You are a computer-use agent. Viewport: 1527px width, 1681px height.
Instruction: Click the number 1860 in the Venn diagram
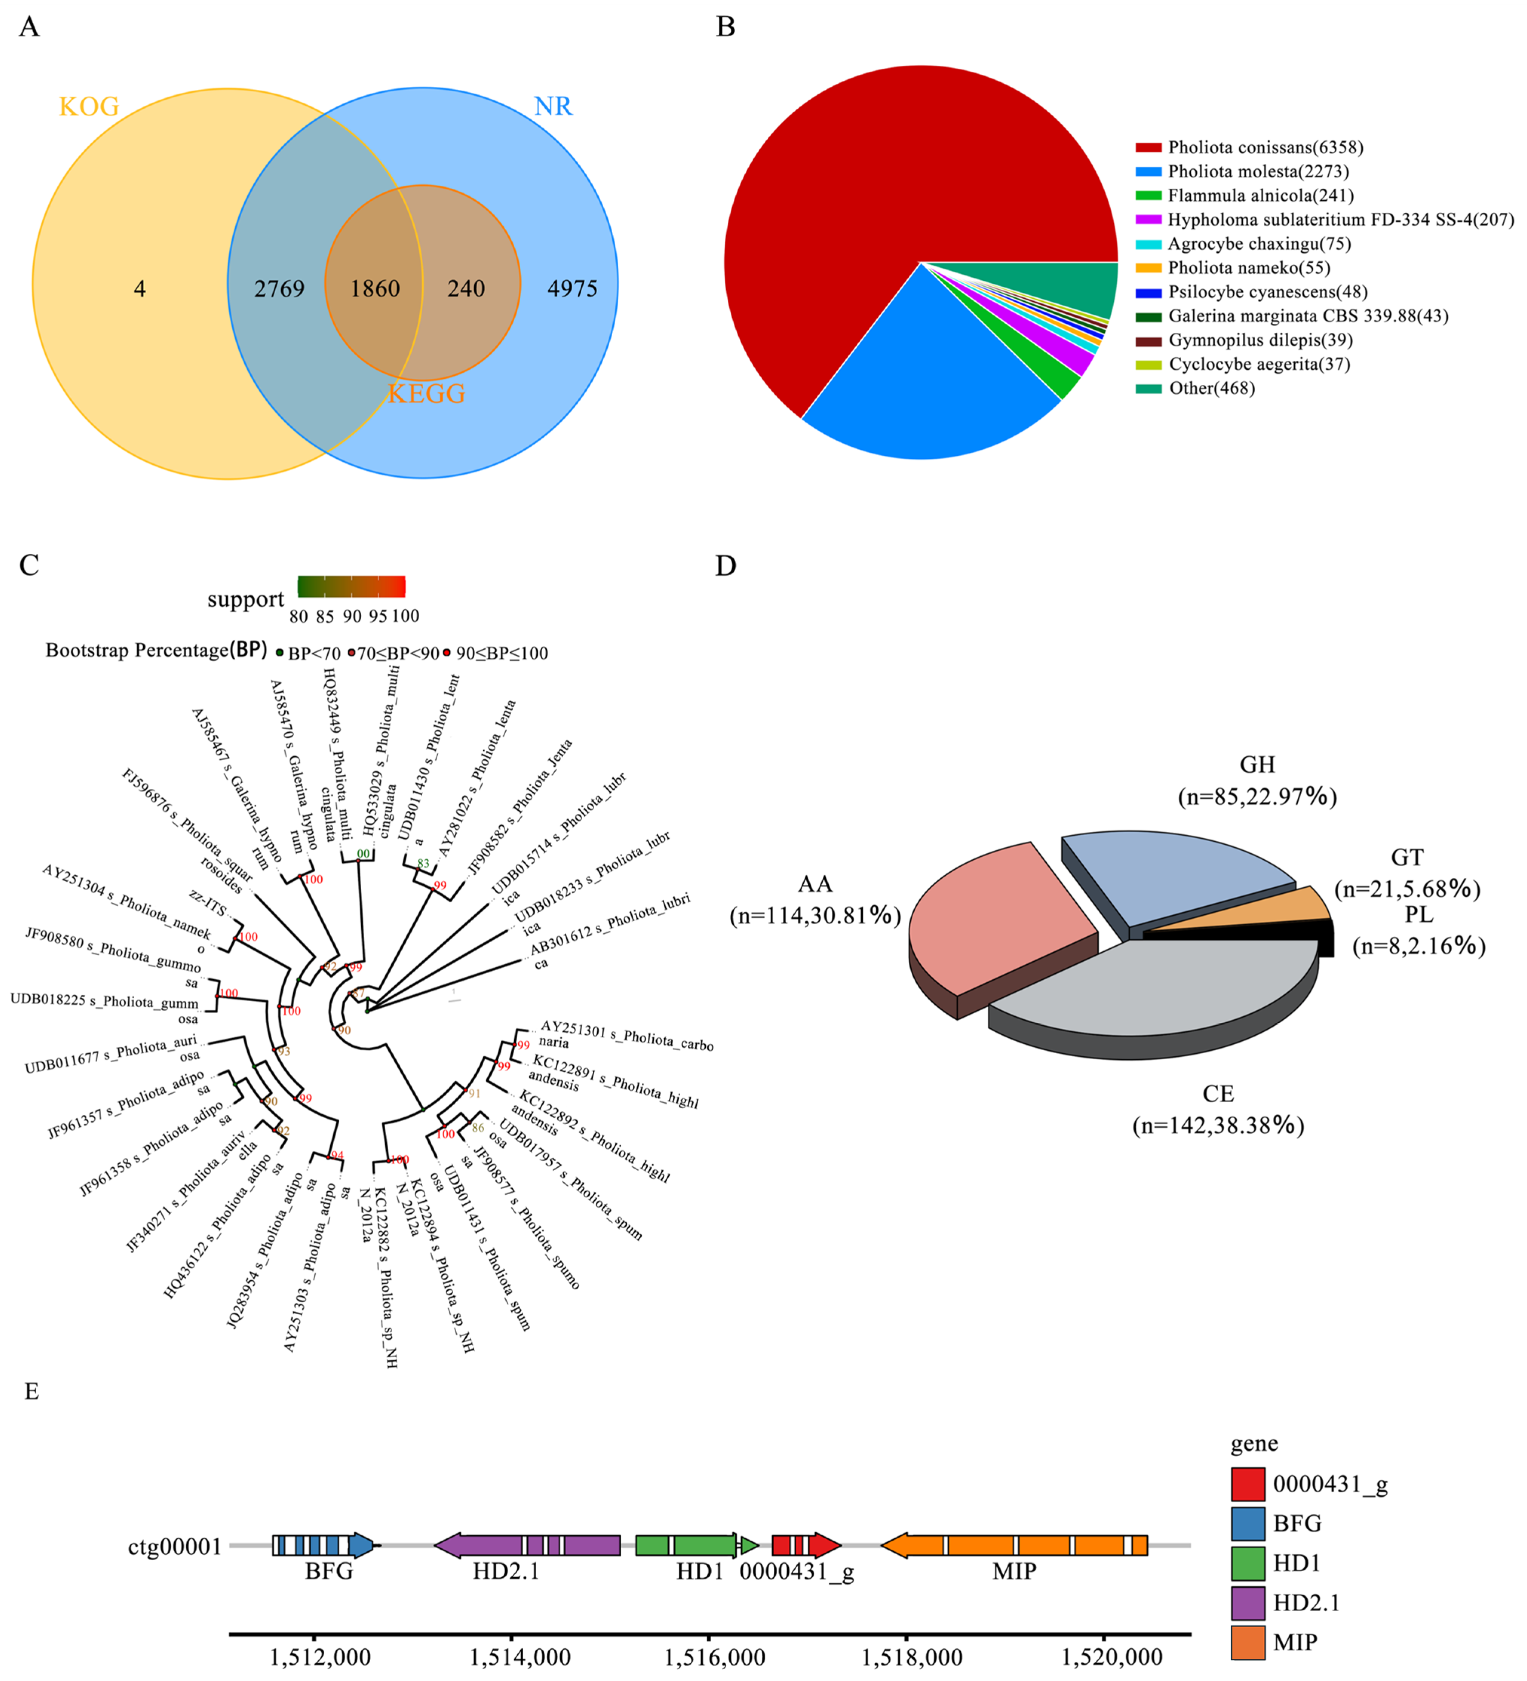[x=375, y=289]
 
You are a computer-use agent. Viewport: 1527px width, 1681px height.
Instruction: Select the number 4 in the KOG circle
[x=139, y=289]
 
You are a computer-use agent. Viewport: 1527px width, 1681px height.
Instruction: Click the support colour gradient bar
[x=351, y=586]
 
